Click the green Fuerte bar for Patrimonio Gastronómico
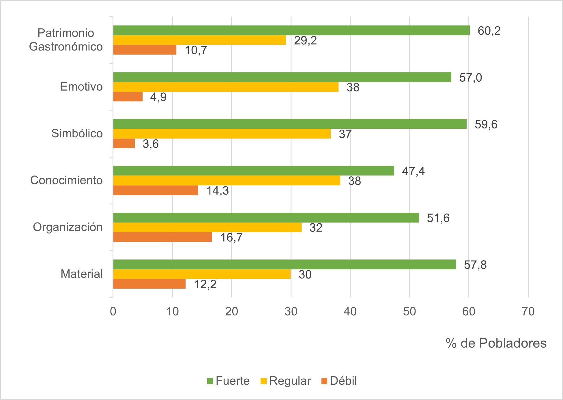pos(291,31)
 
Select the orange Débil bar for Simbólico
pos(124,143)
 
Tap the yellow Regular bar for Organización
pos(207,227)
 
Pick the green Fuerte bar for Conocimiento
pos(254,171)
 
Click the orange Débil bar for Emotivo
pos(128,97)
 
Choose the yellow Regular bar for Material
pos(202,274)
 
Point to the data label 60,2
pos(489,31)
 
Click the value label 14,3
pos(218,191)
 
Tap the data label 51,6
pos(438,218)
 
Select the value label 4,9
pos(158,97)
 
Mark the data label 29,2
pos(305,40)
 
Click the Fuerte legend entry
pos(228,381)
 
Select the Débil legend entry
pos(339,381)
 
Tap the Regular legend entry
pos(286,381)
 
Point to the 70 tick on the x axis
pos(528,312)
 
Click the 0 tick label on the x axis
pos(113,312)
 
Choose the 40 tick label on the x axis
pos(350,312)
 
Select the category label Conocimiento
pos(66,180)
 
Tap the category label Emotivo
pos(81,87)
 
